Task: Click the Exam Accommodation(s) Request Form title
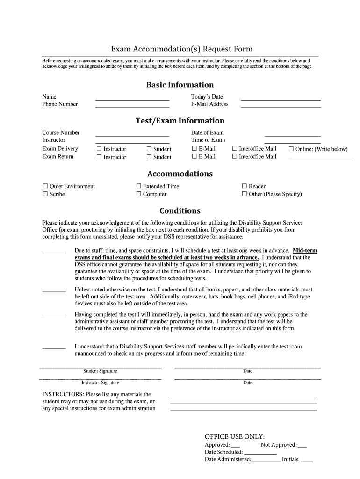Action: [181, 49]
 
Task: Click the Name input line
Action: [132, 99]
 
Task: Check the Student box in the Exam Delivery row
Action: [150, 149]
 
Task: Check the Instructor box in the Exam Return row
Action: [99, 157]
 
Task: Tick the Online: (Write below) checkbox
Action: [291, 149]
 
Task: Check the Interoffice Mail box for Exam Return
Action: [235, 157]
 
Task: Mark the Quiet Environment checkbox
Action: [45, 186]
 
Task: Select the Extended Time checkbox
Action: [138, 186]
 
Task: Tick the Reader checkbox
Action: [244, 186]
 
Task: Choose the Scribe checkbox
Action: [45, 194]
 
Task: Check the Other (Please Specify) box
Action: [244, 194]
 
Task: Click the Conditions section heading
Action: [180, 210]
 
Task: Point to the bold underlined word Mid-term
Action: [305, 251]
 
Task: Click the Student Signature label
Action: [100, 371]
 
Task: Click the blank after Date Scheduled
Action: [260, 453]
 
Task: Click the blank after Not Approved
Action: [302, 445]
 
